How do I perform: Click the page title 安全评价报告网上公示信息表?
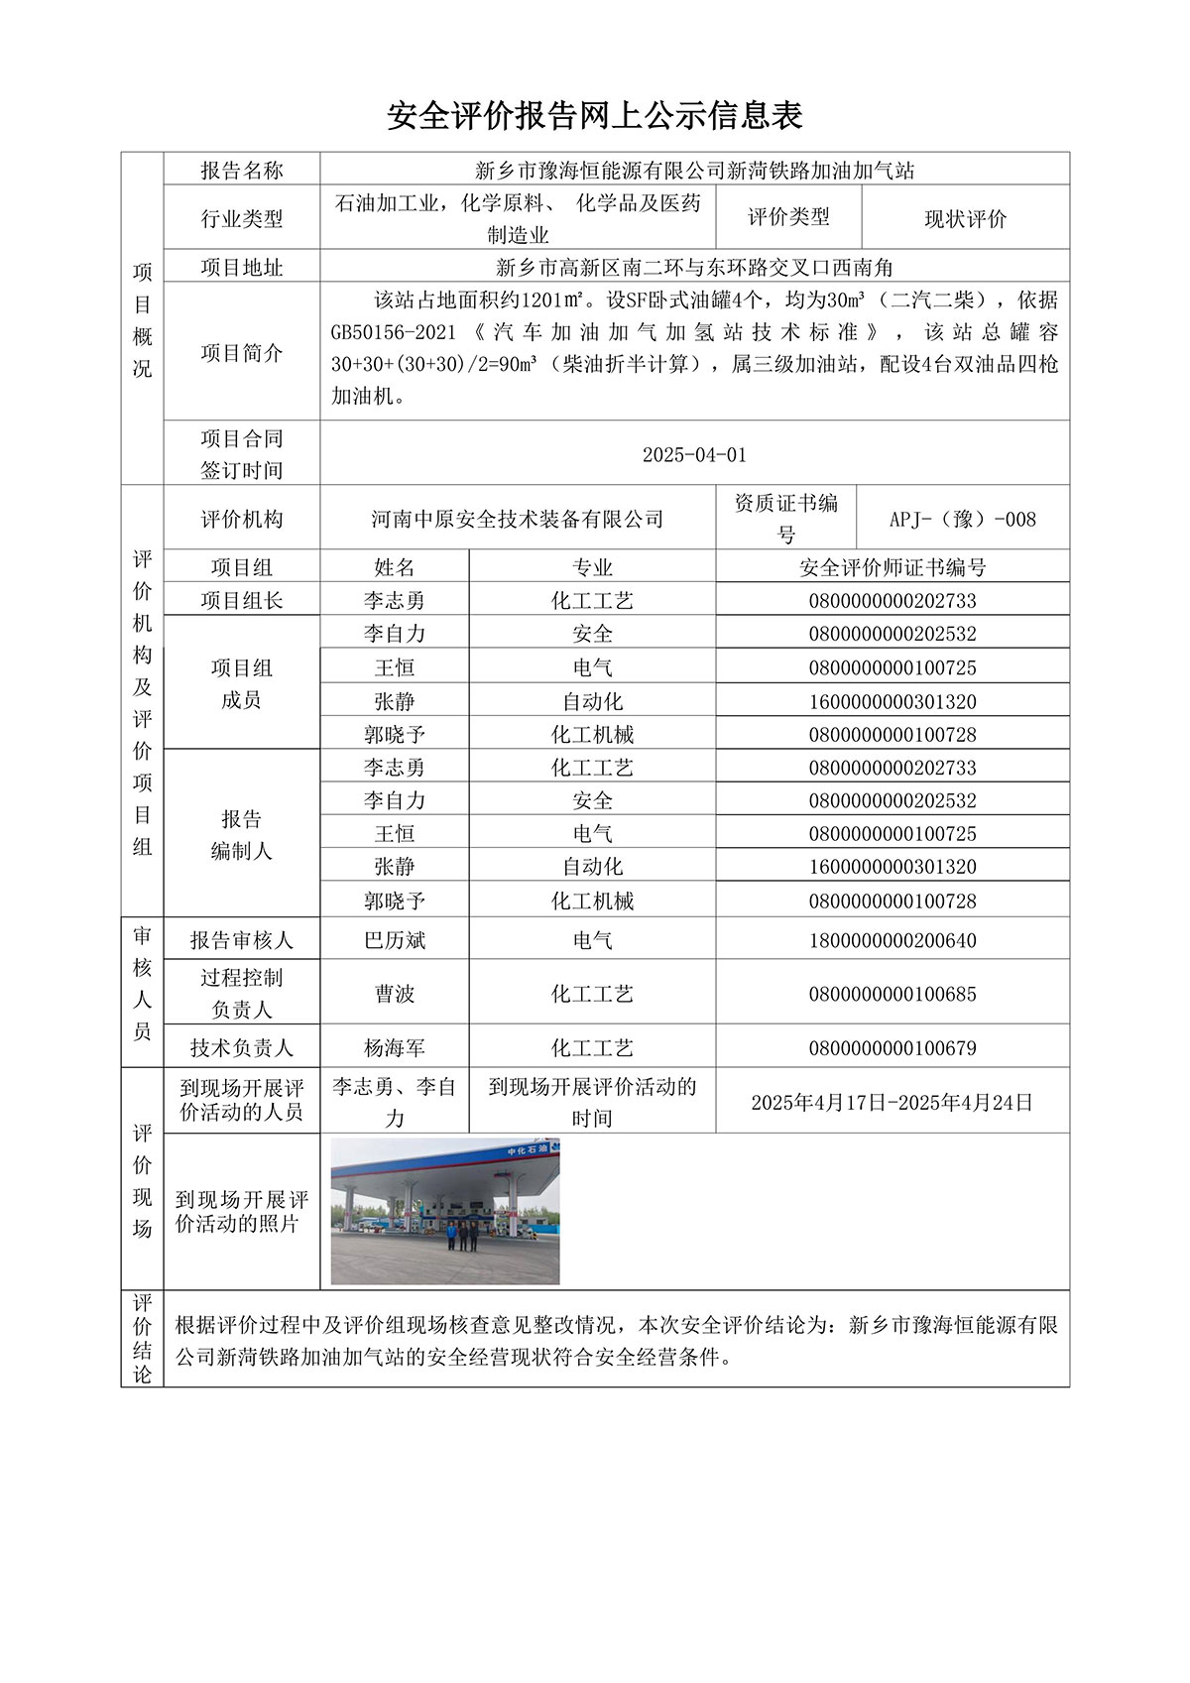594,116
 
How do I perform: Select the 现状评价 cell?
965,219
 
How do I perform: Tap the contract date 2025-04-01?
694,455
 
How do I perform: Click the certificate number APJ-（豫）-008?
962,519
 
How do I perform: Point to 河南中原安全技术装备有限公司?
518,519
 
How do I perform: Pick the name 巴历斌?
395,940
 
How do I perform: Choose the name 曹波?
395,994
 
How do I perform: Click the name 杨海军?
395,1048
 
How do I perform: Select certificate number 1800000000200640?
892,940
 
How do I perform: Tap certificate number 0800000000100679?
892,1048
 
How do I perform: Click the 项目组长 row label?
241,600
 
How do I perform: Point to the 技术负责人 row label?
241,1048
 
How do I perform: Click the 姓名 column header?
395,567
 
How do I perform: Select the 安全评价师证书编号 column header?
892,567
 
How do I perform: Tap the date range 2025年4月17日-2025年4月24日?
892,1102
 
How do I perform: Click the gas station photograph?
445,1211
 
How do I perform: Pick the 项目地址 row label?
241,268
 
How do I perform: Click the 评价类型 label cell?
788,217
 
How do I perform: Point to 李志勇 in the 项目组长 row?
395,600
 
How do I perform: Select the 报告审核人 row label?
241,940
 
